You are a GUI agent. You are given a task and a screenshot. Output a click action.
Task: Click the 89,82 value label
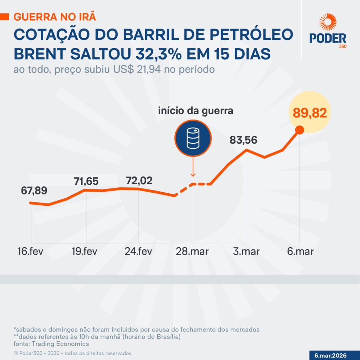308,113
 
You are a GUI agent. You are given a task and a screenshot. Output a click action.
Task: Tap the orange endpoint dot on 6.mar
300,130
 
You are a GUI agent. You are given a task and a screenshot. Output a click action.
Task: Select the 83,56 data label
244,140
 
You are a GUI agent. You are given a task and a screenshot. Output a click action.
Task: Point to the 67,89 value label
33,191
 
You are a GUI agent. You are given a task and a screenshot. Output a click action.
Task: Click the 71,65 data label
86,181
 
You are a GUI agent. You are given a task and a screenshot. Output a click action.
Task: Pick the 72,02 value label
139,181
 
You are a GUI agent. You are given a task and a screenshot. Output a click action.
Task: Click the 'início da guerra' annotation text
195,111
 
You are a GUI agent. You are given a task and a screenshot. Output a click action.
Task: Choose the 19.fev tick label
84,252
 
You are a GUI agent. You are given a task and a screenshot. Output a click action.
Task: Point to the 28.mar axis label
193,252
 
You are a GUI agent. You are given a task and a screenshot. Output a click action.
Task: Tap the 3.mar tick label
246,252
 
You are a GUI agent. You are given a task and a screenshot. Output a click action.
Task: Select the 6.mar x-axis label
300,252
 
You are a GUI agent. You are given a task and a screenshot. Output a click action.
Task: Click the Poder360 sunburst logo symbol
328,22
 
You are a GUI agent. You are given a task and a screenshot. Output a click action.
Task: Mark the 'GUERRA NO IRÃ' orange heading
54,17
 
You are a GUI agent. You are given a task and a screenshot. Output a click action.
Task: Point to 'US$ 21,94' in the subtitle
134,70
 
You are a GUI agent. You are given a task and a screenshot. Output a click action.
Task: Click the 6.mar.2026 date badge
334,355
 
